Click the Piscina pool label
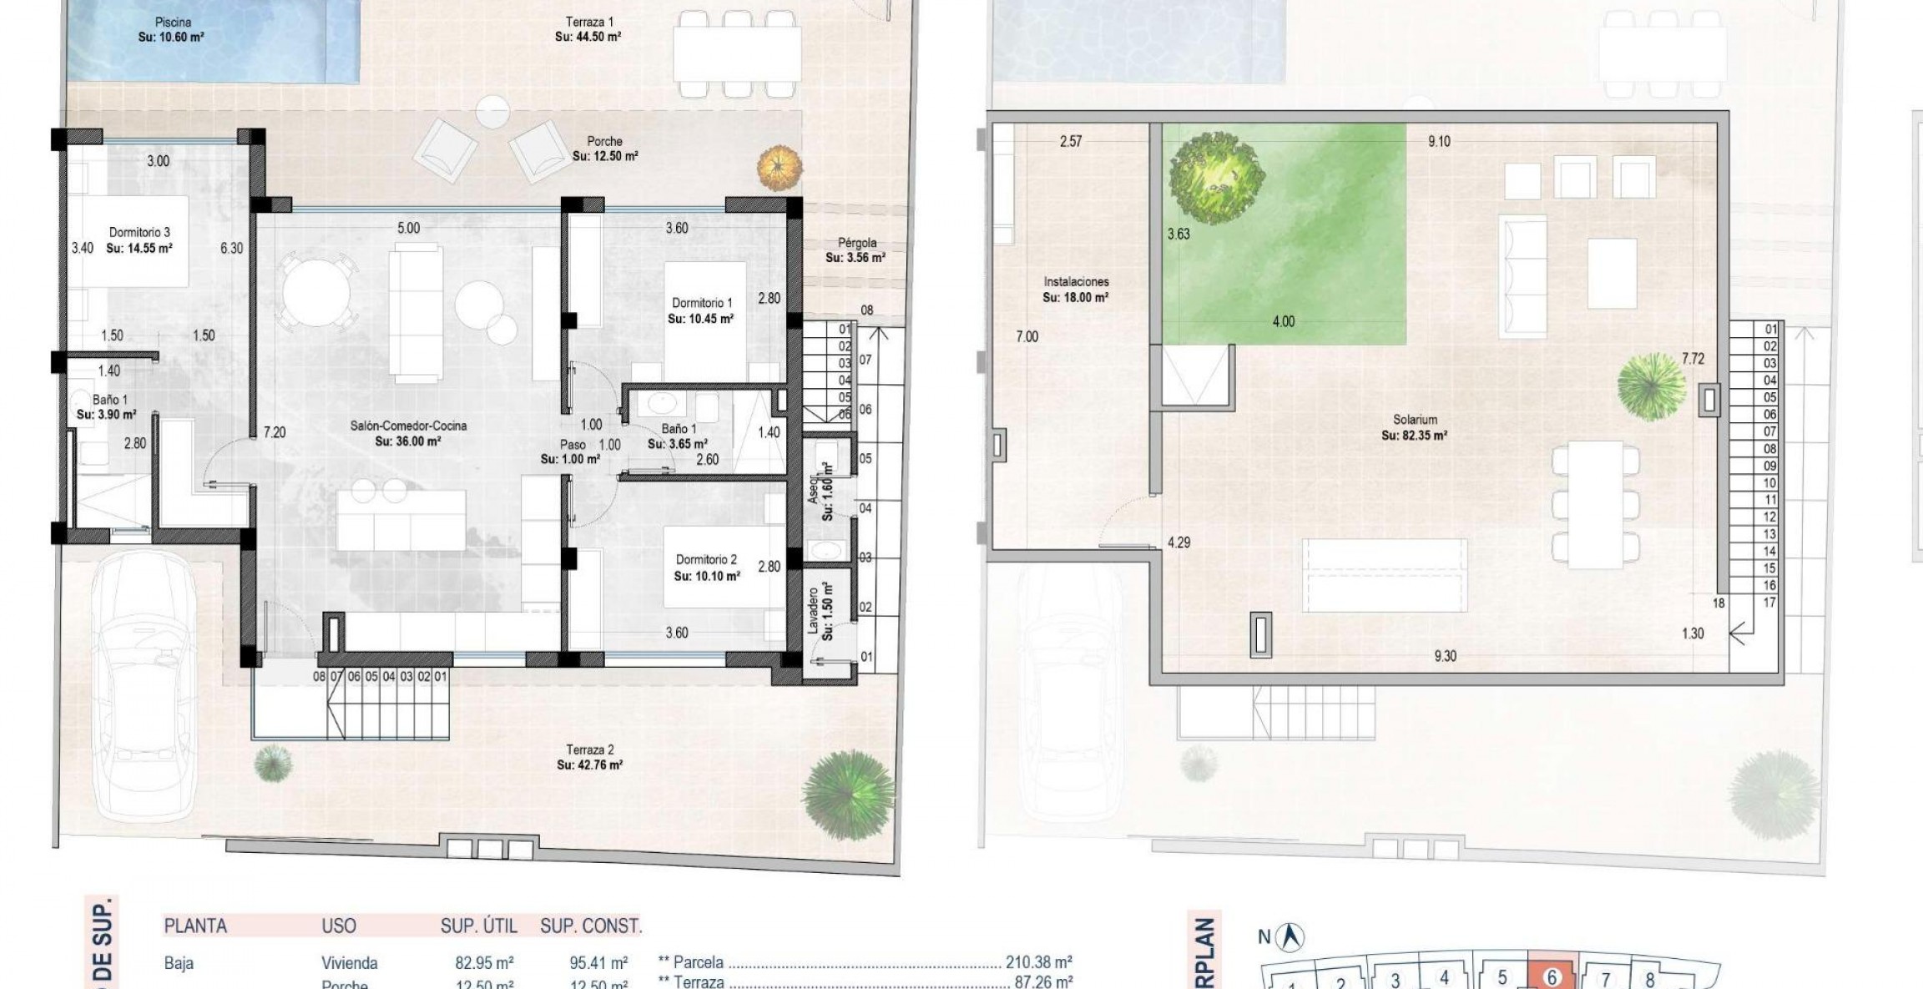pos(172,29)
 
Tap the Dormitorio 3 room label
pos(139,240)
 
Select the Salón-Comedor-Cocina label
pos(408,432)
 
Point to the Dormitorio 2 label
pos(706,567)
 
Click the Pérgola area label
pos(856,250)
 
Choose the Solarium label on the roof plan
pos(1415,427)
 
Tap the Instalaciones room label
pos(1076,290)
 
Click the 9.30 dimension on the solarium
pos(1445,656)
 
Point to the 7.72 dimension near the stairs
pos(1693,359)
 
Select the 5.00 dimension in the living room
pos(408,228)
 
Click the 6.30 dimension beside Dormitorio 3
pos(231,248)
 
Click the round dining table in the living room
pos(316,292)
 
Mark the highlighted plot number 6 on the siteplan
pos(1552,976)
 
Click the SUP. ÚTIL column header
pos(479,926)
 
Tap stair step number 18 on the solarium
pos(1719,603)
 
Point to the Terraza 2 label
pos(589,757)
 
